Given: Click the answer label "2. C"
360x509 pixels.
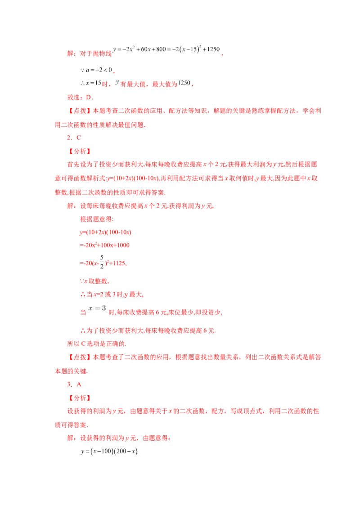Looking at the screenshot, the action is (74, 138).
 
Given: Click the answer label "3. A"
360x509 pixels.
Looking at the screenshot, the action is (74, 384).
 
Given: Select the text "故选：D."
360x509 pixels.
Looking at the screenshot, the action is (80, 97).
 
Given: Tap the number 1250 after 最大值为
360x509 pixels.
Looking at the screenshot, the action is (184, 83).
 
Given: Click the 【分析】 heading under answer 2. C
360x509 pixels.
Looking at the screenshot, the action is (80, 151).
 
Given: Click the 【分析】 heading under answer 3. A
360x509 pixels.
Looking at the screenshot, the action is (80, 398).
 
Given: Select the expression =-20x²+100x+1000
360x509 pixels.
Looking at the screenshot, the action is (104, 245).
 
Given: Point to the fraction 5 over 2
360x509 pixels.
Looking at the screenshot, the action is (102, 262).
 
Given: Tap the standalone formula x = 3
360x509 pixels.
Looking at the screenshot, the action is (97, 308).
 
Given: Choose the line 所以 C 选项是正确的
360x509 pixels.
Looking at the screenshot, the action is (97, 344).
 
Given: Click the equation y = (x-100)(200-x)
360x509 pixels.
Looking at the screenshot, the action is (109, 451).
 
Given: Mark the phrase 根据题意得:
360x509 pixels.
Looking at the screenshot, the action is (97, 219).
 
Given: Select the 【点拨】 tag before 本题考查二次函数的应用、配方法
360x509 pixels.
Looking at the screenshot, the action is (80, 111).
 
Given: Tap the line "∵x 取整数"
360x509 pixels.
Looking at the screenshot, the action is (94, 281).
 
